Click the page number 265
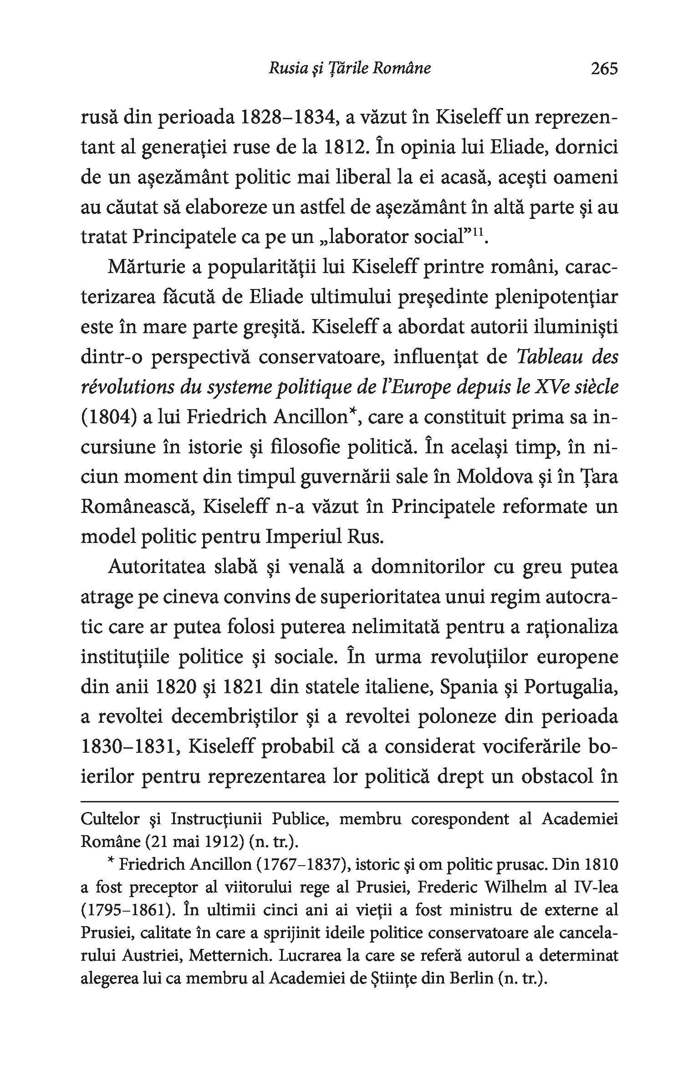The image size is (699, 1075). [x=604, y=68]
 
